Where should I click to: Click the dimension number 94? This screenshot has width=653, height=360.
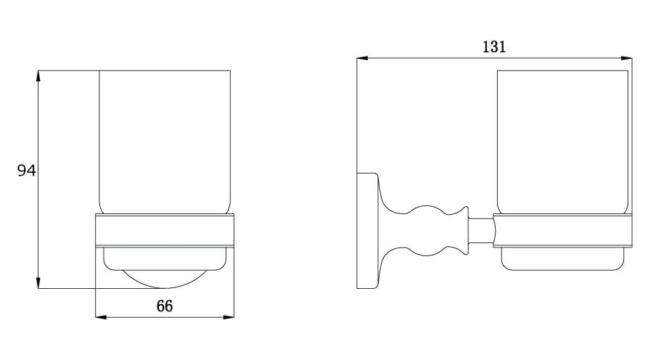pyautogui.click(x=27, y=171)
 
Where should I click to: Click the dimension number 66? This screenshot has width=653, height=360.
pyautogui.click(x=165, y=306)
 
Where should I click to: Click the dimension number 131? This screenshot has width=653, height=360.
pyautogui.click(x=494, y=46)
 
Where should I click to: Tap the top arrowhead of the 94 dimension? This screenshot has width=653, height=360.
pyautogui.click(x=38, y=75)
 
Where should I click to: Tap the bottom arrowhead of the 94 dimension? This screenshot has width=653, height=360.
pyautogui.click(x=38, y=283)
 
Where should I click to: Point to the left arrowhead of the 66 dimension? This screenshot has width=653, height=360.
pyautogui.click(x=101, y=317)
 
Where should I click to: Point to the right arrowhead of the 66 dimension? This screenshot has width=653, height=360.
pyautogui.click(x=229, y=317)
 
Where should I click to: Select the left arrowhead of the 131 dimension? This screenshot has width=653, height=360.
pyautogui.click(x=362, y=58)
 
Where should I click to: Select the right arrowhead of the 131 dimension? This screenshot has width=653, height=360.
pyautogui.click(x=626, y=58)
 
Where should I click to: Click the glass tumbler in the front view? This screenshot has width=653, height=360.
pyautogui.click(x=165, y=142)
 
